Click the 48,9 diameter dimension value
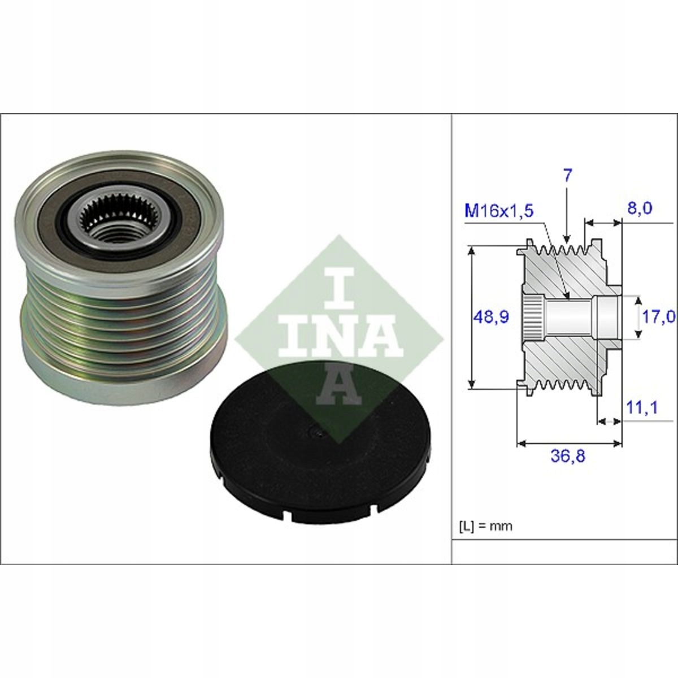coord(490,317)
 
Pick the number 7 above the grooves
coord(567,175)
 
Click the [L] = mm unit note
coord(485,526)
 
